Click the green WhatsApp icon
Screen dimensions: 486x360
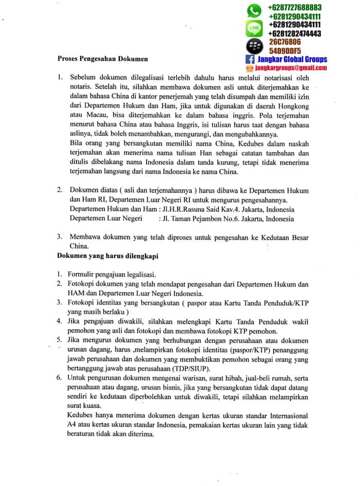coord(255,11)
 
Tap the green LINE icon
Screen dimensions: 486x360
coord(255,26)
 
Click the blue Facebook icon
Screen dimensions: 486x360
coord(251,60)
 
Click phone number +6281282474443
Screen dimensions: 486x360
coord(295,33)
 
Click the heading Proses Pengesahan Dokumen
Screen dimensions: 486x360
coord(102,59)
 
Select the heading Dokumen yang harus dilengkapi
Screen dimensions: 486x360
coord(107,256)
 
